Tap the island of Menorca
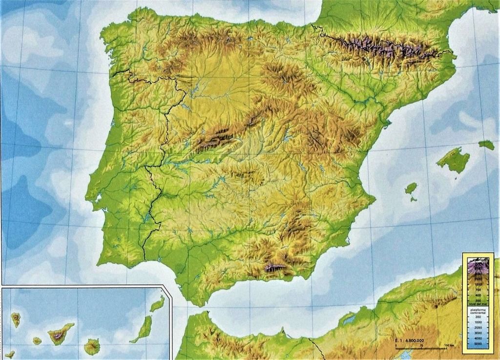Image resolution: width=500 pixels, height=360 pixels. click(486, 145)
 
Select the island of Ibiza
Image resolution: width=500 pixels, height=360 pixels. click(411, 188)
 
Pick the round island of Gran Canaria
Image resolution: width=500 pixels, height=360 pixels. click(92, 347)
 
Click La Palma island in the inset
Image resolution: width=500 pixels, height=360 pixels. click(16, 320)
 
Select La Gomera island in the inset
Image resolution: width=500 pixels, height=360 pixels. click(37, 340)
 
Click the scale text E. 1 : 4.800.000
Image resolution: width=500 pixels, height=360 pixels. click(409, 340)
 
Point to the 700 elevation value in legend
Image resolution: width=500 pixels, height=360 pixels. click(479, 290)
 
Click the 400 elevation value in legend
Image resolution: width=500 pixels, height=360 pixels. click(479, 295)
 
